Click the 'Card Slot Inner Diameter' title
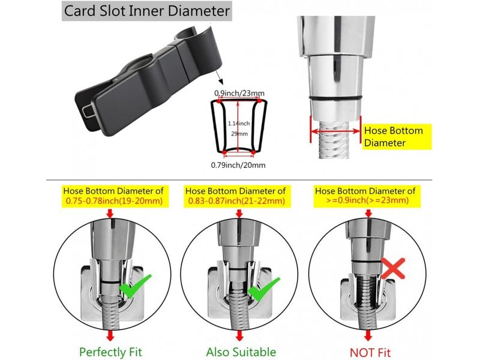pyautogui.click(x=147, y=11)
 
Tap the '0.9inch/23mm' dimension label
pyautogui.click(x=239, y=93)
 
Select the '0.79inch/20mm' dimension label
pyautogui.click(x=238, y=166)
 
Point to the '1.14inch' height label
pyautogui.click(x=239, y=124)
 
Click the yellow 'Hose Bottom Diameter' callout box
pyautogui.click(x=397, y=137)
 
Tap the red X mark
pyautogui.click(x=393, y=268)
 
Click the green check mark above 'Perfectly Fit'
pyautogui.click(x=135, y=286)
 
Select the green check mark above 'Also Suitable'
pyautogui.click(x=264, y=289)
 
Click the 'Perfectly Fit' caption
pyautogui.click(x=110, y=352)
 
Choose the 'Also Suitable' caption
pyautogui.click(x=241, y=352)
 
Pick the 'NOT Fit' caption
pyautogui.click(x=370, y=353)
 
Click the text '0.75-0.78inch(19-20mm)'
pyautogui.click(x=114, y=201)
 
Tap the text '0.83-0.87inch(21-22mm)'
pyautogui.click(x=236, y=201)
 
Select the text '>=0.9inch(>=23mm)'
pyautogui.click(x=367, y=200)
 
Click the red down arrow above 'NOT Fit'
pyautogui.click(x=368, y=335)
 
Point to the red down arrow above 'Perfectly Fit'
pyautogui.click(x=110, y=335)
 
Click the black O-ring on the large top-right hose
pyautogui.click(x=336, y=98)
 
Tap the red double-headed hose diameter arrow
pyautogui.click(x=336, y=131)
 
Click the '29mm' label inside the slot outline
pyautogui.click(x=239, y=134)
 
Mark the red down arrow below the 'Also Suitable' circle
pyautogui.click(x=239, y=335)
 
